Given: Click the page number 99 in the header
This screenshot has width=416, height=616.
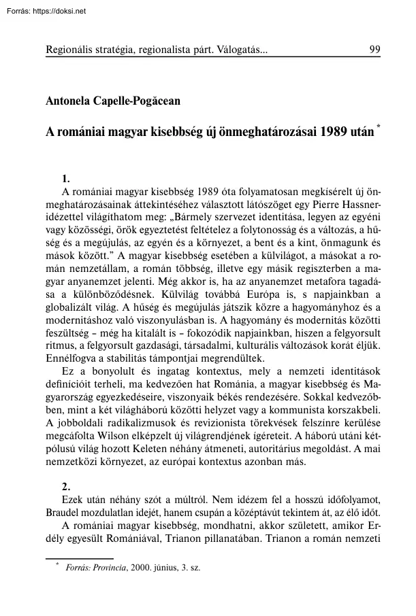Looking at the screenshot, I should pyautogui.click(x=374, y=50).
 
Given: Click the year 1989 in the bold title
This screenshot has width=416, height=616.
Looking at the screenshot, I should pyautogui.click(x=323, y=131).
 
